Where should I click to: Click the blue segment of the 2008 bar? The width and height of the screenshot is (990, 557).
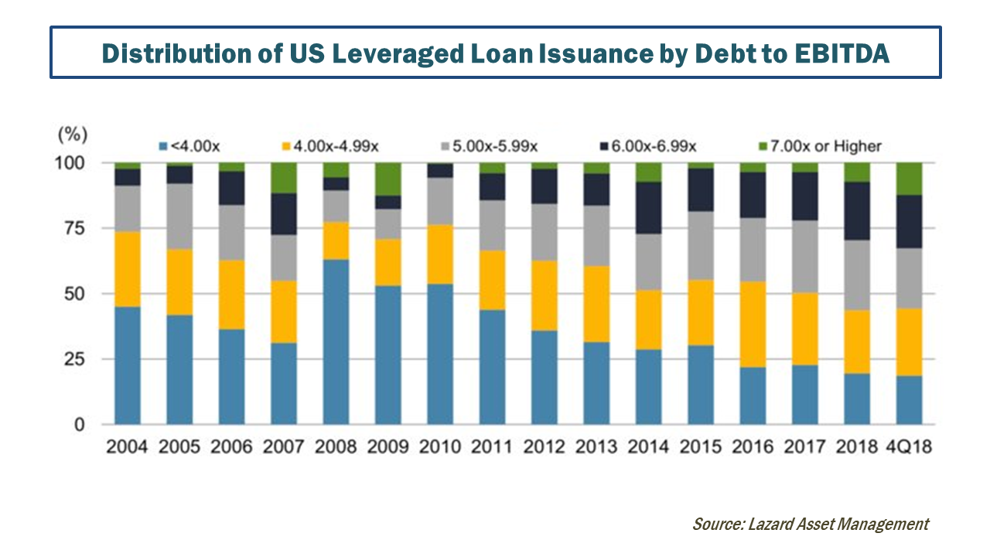(336, 342)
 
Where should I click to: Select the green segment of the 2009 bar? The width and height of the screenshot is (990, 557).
(388, 179)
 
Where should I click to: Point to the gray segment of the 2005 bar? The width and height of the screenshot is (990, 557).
(179, 216)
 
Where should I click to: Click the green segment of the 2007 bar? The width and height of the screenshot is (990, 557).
(283, 178)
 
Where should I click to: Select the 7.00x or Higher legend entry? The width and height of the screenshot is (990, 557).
(826, 145)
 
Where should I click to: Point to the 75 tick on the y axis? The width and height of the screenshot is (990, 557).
(73, 229)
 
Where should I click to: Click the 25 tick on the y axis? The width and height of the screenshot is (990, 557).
(73, 360)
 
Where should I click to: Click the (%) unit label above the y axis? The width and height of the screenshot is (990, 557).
(70, 134)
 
